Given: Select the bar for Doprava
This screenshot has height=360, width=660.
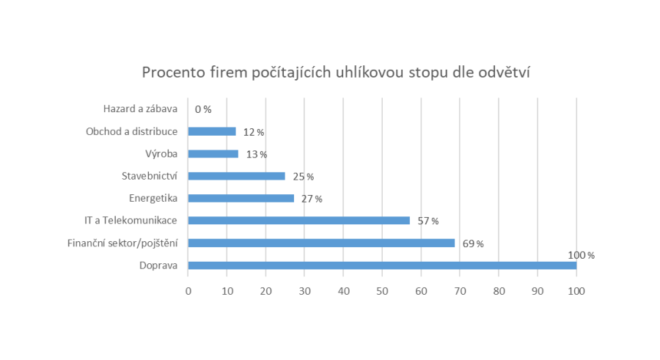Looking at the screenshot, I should (382, 265).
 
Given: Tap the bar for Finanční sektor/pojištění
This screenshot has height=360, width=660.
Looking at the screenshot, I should (321, 243).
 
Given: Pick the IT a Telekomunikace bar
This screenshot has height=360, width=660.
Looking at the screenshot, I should (298, 220).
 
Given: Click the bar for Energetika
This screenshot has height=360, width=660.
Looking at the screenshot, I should (241, 198).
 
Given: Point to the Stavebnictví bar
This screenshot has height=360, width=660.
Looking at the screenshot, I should (236, 176).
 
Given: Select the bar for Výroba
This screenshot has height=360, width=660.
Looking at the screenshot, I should (213, 154).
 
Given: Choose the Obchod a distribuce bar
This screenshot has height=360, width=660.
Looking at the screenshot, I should (211, 131).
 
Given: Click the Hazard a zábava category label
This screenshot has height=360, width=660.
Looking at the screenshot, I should (140, 109).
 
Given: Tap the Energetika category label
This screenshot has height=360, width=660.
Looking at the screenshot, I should (153, 198).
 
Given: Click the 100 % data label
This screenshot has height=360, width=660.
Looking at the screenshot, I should (581, 255).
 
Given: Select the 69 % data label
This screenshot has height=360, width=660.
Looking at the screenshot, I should (472, 243).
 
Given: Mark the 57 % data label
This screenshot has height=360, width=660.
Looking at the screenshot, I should (428, 221).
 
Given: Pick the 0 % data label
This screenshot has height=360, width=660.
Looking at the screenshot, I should (203, 109).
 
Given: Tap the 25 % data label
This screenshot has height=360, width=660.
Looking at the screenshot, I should (303, 177).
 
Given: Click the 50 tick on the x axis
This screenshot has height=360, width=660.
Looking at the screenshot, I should (382, 291).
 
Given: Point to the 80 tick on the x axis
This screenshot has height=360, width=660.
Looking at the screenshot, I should (499, 291).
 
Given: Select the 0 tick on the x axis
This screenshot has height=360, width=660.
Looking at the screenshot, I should (188, 291).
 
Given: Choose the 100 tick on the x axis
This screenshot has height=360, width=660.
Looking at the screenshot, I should (576, 291).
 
